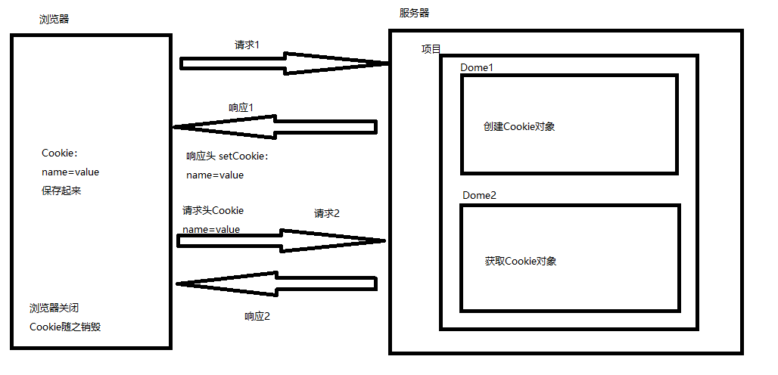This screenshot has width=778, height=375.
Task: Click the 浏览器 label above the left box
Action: click(54, 19)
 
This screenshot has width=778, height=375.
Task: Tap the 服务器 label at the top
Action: click(414, 13)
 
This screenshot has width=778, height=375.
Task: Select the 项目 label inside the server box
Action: click(431, 49)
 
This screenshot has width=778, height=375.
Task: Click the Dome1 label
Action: click(477, 67)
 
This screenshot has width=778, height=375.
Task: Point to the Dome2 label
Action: click(479, 196)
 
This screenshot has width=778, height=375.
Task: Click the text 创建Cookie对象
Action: click(519, 126)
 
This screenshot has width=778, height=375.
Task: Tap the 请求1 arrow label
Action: click(247, 45)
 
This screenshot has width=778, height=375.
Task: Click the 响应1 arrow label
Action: click(241, 107)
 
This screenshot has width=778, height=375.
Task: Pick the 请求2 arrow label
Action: click(327, 213)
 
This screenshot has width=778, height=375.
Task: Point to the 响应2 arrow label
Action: click(257, 316)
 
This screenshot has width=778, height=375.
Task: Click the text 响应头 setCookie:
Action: click(227, 157)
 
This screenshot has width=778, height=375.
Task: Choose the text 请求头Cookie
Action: click(213, 210)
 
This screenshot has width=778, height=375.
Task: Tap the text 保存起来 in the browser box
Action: click(61, 191)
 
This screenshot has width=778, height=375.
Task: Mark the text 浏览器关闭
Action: click(54, 308)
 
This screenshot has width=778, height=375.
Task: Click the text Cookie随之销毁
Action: click(65, 327)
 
